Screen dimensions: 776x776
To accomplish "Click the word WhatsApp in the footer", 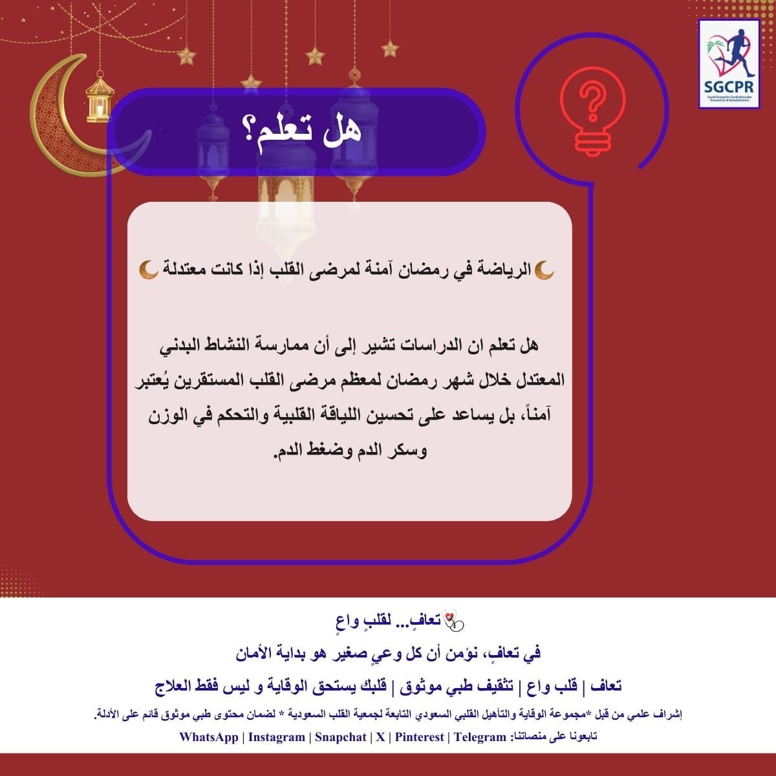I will pyautogui.click(x=208, y=737).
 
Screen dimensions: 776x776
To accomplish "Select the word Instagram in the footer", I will pyautogui.click(x=277, y=737).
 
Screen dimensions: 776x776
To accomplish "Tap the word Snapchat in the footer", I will pyautogui.click(x=340, y=737).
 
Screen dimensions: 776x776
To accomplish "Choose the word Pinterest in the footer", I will pyautogui.click(x=420, y=737).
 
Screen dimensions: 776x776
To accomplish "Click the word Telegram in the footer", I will pyautogui.click(x=480, y=737).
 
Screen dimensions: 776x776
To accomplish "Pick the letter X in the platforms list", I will pyautogui.click(x=380, y=737).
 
